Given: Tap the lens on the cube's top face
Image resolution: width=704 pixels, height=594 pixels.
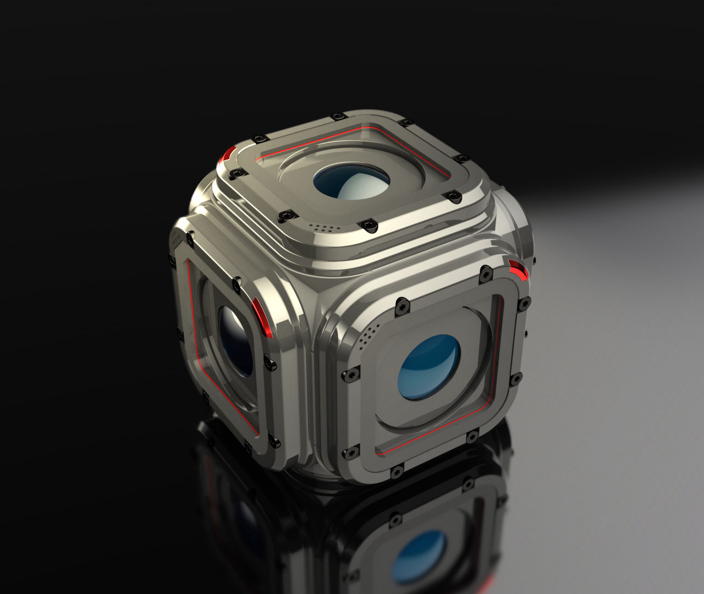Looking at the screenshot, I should [x=351, y=180].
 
